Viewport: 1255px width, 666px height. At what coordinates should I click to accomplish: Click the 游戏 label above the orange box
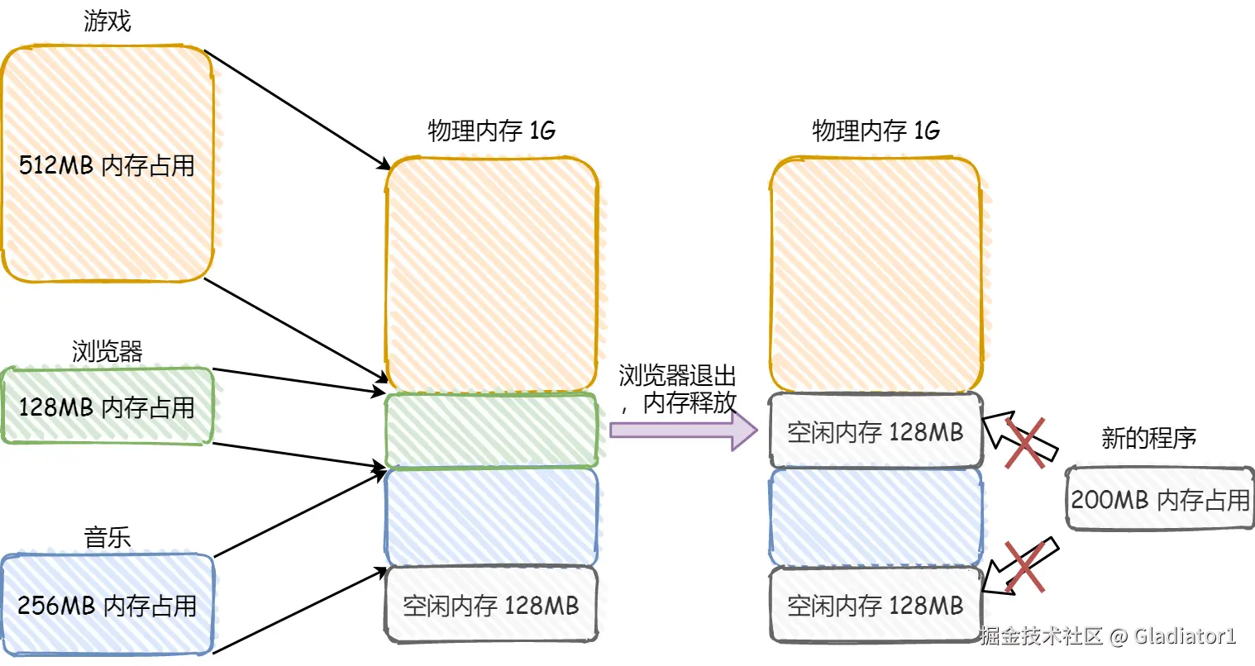(107, 21)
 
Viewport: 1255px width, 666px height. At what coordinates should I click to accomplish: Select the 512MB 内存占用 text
(107, 165)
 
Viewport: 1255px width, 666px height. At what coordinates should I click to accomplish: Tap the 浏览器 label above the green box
(107, 351)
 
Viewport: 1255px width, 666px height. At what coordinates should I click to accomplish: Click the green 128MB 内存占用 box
(107, 407)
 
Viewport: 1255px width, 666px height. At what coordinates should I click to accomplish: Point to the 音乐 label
(107, 537)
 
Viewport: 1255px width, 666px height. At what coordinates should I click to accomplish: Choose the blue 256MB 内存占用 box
(107, 605)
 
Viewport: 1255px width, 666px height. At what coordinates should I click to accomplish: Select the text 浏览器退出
(677, 376)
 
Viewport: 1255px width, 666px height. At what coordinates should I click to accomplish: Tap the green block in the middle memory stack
(491, 430)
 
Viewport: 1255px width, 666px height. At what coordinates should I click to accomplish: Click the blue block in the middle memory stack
(491, 516)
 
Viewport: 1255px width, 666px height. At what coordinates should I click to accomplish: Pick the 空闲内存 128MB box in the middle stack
(491, 605)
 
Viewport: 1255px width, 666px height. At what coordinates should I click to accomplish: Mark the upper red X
(1024, 442)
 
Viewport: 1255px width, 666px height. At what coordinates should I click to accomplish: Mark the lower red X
(1024, 567)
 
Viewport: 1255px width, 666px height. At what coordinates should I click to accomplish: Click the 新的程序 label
(1148, 438)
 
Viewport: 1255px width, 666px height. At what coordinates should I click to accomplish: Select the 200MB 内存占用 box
(1160, 499)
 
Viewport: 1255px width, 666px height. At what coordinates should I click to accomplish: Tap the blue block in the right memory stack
(876, 516)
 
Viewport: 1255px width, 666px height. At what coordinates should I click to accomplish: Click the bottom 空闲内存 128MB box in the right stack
(876, 605)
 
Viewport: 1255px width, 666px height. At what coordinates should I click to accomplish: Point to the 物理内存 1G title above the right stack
(876, 131)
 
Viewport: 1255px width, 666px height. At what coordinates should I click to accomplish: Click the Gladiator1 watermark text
(1185, 635)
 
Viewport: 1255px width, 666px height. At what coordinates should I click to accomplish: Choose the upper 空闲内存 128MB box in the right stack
(876, 431)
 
